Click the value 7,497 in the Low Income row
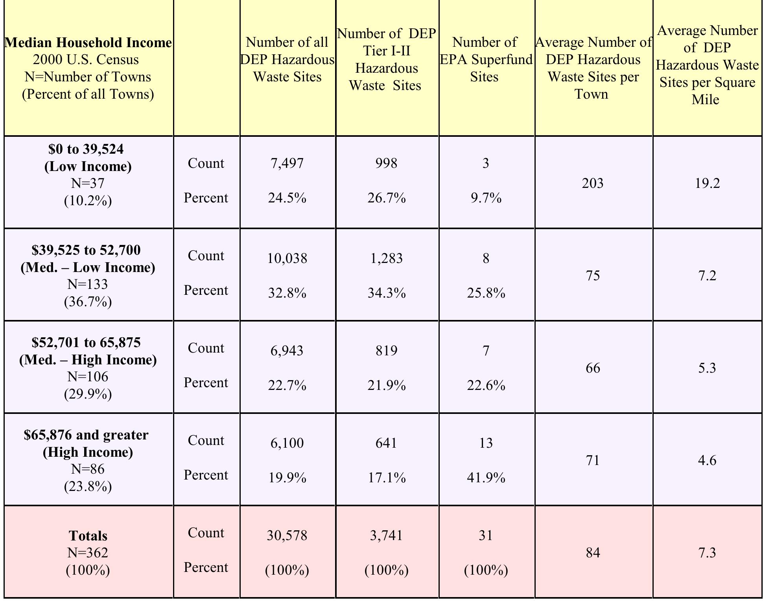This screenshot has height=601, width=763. (287, 163)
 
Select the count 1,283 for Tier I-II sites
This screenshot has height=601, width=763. (386, 258)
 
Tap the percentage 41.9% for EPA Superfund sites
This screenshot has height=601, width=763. (486, 478)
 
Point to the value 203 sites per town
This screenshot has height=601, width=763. (593, 183)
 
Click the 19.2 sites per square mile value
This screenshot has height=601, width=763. (707, 183)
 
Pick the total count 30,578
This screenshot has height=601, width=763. (287, 535)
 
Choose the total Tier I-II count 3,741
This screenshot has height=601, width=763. (386, 535)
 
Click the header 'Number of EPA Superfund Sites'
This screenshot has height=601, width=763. (485, 59)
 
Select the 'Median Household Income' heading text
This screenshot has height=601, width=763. (88, 42)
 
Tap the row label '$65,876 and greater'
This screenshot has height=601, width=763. (86, 435)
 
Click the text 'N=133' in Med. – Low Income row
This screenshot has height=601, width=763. (88, 284)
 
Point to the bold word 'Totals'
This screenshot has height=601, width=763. (88, 536)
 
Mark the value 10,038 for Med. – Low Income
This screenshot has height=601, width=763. (287, 258)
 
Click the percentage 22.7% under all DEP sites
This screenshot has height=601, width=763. (287, 385)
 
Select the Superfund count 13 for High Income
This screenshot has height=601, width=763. (486, 443)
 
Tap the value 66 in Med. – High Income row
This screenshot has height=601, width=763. (593, 368)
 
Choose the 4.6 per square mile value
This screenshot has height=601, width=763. (707, 460)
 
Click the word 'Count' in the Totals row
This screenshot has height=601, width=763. (206, 533)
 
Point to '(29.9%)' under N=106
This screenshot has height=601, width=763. (88, 394)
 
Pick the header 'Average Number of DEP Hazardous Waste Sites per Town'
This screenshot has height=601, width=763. (593, 68)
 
